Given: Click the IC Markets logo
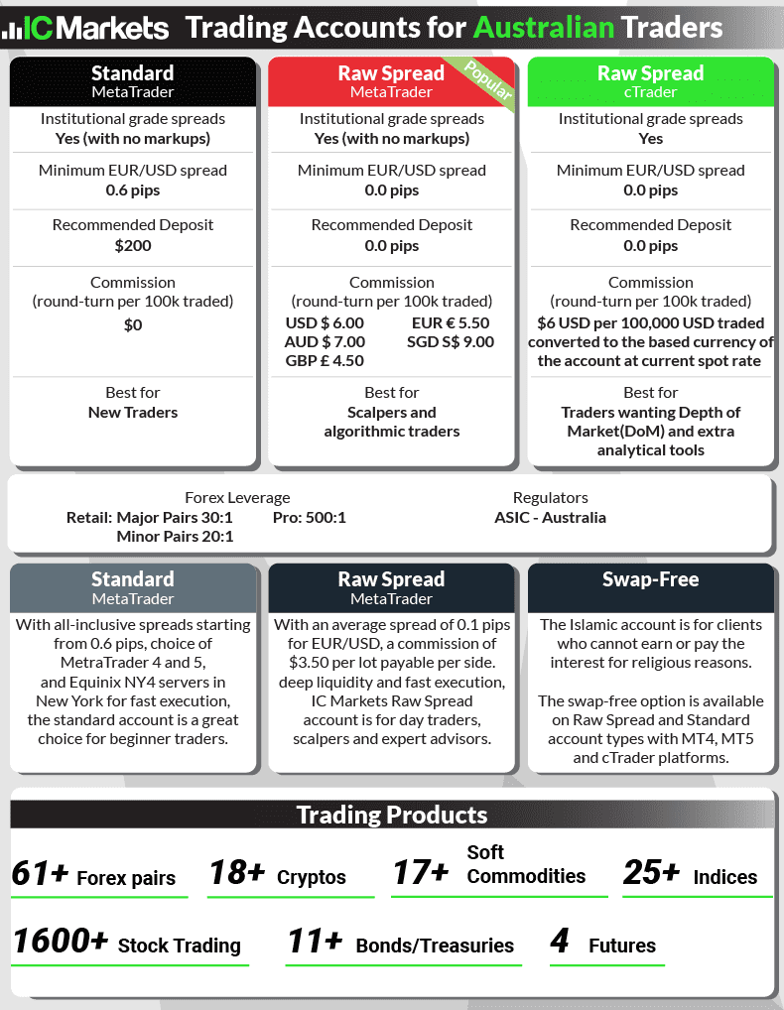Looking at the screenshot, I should [86, 27].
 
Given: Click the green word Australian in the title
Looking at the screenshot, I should [544, 27].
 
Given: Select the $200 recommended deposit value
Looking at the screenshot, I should [133, 245].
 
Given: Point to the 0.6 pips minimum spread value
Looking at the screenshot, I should [133, 190].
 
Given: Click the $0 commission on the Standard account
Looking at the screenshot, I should [133, 324].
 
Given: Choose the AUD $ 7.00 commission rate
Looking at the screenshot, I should [325, 342].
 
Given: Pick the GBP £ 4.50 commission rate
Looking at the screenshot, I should [325, 361].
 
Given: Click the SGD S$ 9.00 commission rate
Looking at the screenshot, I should [451, 342].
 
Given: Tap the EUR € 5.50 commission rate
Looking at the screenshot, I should [451, 323].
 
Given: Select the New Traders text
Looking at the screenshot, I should [133, 413].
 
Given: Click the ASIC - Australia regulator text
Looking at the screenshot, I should [550, 518].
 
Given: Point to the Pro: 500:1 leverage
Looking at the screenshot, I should [309, 518].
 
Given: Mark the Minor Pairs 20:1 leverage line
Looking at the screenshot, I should [175, 537].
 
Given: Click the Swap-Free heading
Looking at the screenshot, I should [650, 579].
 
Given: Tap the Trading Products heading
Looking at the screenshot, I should [392, 816].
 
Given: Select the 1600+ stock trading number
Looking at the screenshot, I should [61, 942].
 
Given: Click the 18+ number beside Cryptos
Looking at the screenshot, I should [237, 873].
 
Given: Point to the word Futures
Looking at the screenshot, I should [622, 946].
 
